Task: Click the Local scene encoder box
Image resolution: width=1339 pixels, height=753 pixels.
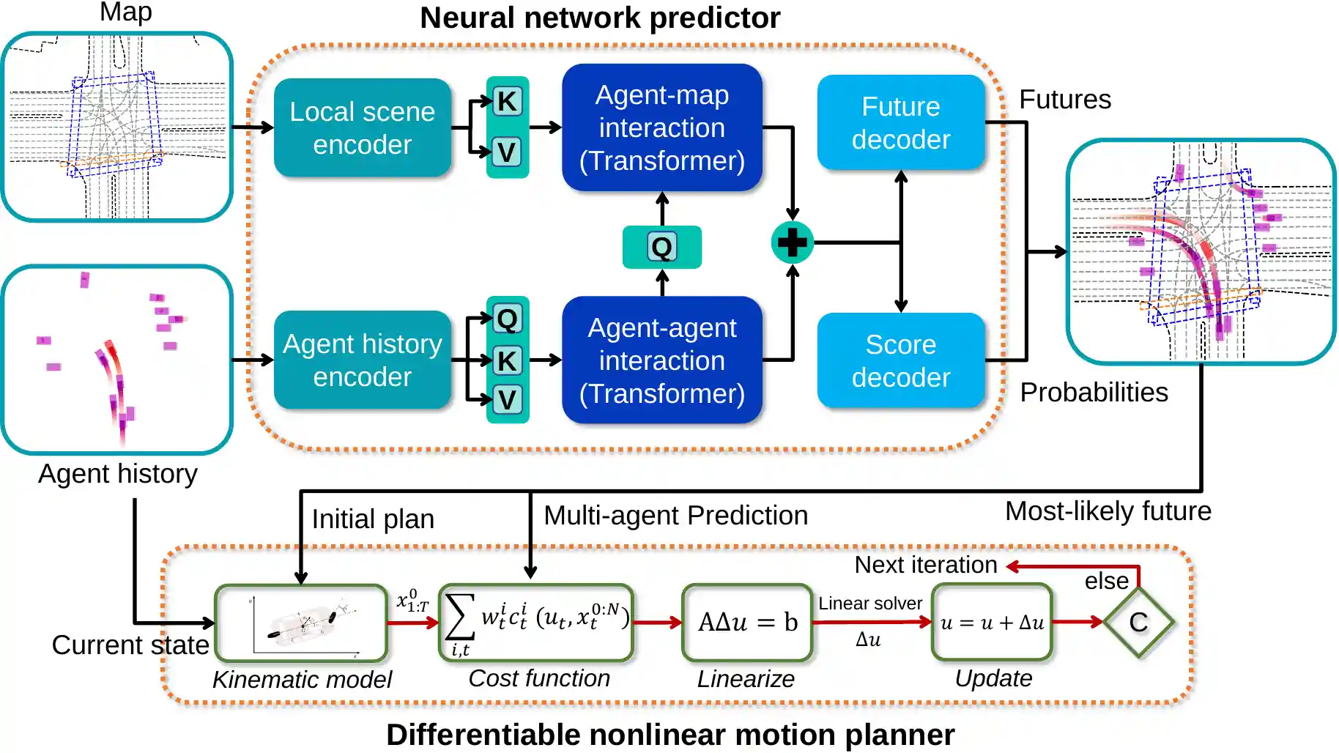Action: [x=362, y=127]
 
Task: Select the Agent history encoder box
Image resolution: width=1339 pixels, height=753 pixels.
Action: [x=362, y=360]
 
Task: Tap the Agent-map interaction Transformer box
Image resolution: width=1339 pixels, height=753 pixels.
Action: [x=661, y=127]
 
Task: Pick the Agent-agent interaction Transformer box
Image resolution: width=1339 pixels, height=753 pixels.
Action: [x=661, y=360]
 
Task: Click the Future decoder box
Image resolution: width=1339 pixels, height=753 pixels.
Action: [x=900, y=122]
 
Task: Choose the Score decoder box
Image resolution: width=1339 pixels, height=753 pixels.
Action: [x=900, y=360]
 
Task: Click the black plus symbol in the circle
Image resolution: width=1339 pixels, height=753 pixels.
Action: [x=792, y=242]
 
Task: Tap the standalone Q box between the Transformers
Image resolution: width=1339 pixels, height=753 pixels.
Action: [x=661, y=248]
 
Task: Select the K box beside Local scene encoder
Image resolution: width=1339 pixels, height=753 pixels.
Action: [x=507, y=101]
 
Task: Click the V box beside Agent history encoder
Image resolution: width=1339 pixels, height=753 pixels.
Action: [x=507, y=400]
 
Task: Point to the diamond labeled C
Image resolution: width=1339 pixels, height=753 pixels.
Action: [x=1138, y=623]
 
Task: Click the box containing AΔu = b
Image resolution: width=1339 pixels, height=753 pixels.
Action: [x=747, y=623]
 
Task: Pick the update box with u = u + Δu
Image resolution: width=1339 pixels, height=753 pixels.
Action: [x=992, y=623]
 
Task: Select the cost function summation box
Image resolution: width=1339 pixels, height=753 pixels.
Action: [x=535, y=623]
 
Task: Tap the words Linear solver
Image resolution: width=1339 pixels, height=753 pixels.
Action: [x=869, y=604]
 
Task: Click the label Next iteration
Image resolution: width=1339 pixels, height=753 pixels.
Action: [x=925, y=565]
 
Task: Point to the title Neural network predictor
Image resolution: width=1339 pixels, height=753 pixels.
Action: [x=600, y=18]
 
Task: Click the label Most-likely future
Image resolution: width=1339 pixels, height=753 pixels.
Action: [x=1108, y=511]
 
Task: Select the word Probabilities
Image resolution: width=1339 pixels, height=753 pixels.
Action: [x=1094, y=393]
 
